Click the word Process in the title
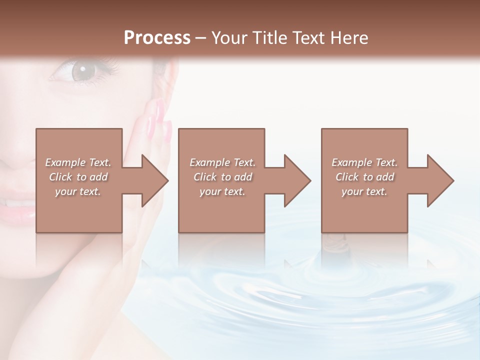[157, 37]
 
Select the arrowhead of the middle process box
[296, 180]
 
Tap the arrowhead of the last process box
[439, 180]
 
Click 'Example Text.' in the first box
[78, 162]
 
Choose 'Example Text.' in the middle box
[222, 162]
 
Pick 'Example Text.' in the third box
[364, 162]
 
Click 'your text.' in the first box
[78, 191]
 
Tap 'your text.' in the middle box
[222, 191]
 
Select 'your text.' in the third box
[364, 191]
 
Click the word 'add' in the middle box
[243, 177]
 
